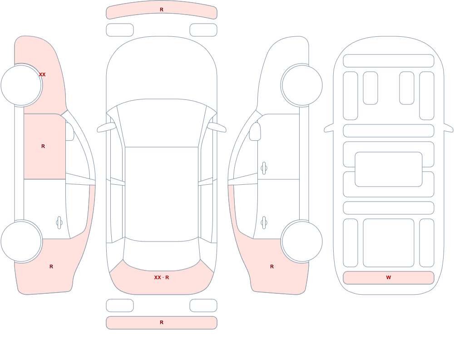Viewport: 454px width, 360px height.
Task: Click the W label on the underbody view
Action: tap(389, 277)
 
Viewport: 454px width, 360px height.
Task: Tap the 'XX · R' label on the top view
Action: tap(162, 277)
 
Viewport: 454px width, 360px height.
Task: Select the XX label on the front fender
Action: tap(42, 74)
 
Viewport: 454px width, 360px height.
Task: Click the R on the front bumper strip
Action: tap(162, 10)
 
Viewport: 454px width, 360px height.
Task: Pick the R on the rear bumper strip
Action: tap(162, 322)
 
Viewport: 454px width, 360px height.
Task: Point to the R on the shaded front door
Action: tap(43, 146)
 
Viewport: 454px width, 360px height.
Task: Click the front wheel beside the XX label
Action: tap(21, 85)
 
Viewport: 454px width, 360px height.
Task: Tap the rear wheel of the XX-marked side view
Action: tap(21, 241)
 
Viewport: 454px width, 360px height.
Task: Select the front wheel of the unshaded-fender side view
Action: tap(302, 85)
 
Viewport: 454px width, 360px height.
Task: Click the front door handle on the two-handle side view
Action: tap(264, 168)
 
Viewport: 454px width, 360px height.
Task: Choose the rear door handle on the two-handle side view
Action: tap(264, 223)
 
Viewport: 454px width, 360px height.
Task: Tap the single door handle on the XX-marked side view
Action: tap(59, 223)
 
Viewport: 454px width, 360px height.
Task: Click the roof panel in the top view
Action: tap(162, 194)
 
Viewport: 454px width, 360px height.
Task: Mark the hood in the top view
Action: tap(162, 69)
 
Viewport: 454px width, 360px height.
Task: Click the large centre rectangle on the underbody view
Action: tap(389, 169)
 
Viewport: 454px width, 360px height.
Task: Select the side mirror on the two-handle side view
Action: tap(255, 132)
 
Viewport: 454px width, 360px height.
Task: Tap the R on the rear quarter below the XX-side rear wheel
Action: tap(51, 266)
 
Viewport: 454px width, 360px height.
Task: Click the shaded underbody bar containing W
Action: tap(389, 278)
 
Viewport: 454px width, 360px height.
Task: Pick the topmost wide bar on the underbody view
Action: tap(389, 61)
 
